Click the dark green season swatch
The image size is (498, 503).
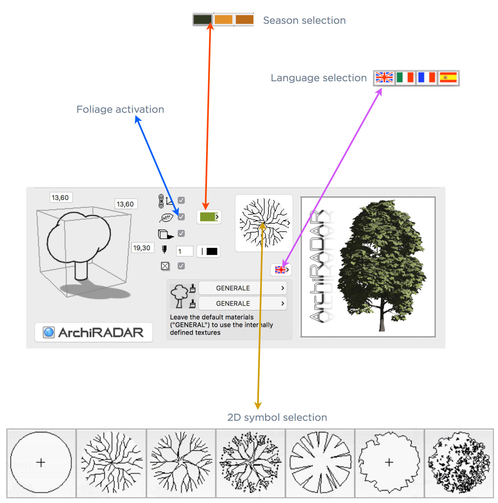[202, 19]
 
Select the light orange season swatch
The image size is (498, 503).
[223, 19]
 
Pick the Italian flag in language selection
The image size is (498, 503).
[405, 78]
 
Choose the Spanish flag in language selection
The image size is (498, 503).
[448, 78]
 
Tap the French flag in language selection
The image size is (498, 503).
[427, 78]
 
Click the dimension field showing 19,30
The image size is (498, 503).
[142, 248]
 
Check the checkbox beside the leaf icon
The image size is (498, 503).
[181, 217]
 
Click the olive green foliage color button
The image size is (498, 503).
[209, 217]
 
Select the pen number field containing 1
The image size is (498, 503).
[184, 251]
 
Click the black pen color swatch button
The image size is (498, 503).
[209, 251]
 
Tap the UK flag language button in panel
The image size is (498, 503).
[281, 270]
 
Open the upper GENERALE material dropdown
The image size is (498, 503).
[243, 288]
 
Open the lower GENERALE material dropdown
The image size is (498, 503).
[243, 303]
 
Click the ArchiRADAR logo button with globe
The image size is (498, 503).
[94, 332]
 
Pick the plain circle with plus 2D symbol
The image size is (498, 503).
[41, 463]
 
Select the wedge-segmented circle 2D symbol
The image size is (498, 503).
[320, 463]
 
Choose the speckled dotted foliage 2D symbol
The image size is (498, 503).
[459, 463]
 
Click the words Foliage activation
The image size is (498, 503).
[120, 109]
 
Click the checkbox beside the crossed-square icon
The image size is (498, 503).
[181, 266]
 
